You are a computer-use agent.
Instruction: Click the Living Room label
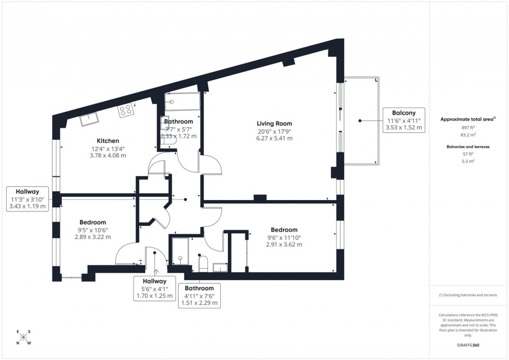point(274,123)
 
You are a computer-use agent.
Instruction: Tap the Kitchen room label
point(108,141)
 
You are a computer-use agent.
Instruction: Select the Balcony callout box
point(404,121)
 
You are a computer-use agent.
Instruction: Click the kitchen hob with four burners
point(126,110)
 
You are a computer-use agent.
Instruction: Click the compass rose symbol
point(23,337)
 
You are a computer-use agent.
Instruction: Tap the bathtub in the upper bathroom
point(182,102)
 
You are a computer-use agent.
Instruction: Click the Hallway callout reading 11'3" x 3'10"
point(28,199)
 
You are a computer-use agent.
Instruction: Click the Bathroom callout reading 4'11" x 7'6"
point(199,296)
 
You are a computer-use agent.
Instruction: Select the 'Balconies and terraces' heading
point(468,147)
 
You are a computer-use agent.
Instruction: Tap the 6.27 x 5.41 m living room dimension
point(274,138)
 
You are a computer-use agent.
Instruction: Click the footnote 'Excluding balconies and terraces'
point(468,295)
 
